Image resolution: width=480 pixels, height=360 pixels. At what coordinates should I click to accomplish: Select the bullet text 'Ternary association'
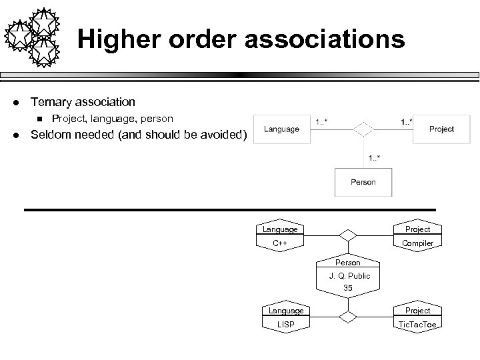point(83,102)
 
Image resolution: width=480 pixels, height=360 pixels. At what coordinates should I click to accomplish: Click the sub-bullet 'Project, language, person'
point(112,119)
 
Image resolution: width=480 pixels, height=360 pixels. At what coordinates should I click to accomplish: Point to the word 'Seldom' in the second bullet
point(51,136)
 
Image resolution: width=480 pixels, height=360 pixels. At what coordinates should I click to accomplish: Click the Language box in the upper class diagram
point(281,129)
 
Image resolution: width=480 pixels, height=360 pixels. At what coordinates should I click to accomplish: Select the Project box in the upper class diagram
point(441,129)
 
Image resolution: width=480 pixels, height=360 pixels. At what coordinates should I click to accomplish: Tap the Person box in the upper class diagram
point(363,181)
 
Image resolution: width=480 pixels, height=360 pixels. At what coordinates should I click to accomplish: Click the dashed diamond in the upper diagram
point(363,128)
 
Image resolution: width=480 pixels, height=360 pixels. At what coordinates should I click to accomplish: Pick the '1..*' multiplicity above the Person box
point(375,158)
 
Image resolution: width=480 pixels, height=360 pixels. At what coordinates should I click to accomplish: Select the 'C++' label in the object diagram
point(280,243)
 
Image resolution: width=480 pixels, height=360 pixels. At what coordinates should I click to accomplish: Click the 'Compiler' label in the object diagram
point(417,243)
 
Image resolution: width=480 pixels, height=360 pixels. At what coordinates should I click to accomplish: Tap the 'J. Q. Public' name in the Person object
point(349,275)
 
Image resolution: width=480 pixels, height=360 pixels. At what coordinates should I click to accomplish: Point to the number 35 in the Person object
point(348,288)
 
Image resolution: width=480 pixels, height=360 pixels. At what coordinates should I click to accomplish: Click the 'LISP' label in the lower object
point(285,324)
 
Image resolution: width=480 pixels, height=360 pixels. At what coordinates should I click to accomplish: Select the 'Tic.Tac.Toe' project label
point(417,324)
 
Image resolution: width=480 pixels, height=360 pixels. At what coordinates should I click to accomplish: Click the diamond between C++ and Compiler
point(347,235)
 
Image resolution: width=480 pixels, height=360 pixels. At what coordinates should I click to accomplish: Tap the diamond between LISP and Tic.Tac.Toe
point(347,316)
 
